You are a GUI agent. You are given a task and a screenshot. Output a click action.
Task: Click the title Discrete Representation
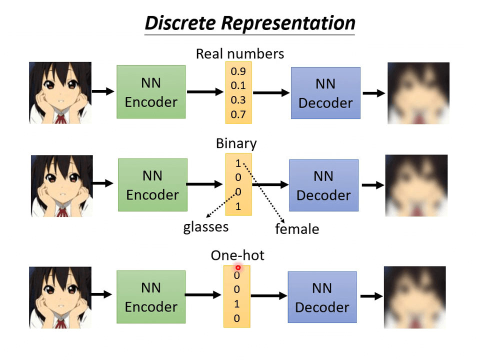pos(249,23)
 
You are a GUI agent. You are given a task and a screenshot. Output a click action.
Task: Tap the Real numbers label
pos(239,53)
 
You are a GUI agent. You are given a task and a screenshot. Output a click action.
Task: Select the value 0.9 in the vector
pos(238,71)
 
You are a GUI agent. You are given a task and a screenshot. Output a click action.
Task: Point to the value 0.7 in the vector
pos(238,115)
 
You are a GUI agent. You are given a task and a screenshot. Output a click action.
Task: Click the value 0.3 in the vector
pos(238,100)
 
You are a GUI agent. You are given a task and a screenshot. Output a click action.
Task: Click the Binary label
pos(236,143)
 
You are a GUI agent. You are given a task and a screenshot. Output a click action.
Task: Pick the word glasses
pos(205,227)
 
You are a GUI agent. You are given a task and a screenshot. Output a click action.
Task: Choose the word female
pos(297,229)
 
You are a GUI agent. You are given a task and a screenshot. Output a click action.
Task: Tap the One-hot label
pos(237,255)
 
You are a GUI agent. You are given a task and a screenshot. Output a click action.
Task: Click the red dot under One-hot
pos(238,268)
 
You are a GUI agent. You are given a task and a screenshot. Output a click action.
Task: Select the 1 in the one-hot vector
pos(237,303)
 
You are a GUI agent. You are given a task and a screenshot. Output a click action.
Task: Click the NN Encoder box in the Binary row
pos(152,185)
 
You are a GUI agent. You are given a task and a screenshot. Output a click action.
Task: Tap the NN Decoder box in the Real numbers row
pos(325,93)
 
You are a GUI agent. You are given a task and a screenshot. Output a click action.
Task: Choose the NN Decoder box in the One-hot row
pos(322,297)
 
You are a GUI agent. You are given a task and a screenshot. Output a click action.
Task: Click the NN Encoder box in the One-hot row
pos(151,297)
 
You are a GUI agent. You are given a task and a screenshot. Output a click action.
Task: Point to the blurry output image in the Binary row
pos(416,185)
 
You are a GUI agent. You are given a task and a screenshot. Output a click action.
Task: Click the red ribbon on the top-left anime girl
pos(61,119)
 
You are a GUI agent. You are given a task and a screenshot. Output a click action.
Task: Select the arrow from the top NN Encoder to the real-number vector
pos(205,91)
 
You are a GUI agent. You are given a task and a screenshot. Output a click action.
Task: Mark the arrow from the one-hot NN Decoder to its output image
pos(371,296)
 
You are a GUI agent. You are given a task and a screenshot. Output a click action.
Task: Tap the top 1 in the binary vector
pos(238,163)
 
